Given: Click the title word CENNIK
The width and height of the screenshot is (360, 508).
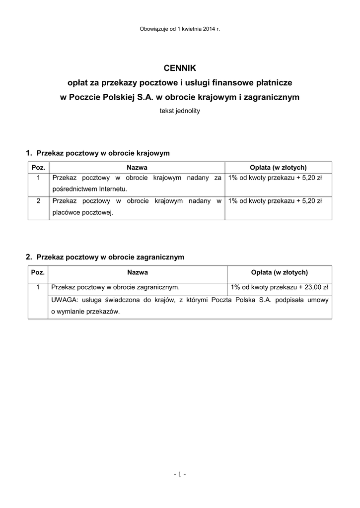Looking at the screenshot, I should click(x=180, y=67).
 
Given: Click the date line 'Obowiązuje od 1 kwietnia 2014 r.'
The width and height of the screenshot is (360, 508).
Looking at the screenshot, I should click(x=180, y=29).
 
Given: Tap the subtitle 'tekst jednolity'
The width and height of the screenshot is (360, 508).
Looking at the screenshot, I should click(x=180, y=111).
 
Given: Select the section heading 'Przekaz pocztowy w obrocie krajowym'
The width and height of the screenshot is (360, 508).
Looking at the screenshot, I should click(x=103, y=153).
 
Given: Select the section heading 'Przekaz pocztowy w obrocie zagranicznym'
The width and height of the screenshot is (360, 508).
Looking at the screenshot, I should click(x=110, y=257).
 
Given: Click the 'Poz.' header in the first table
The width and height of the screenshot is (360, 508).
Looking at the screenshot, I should click(x=38, y=167).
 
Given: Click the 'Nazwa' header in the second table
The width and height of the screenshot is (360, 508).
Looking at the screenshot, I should click(x=138, y=272).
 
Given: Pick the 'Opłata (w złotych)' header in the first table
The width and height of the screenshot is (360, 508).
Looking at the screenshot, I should click(x=278, y=167).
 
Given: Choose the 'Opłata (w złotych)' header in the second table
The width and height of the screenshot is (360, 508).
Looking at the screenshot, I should click(x=280, y=272).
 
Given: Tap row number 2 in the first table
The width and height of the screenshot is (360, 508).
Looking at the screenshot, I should click(x=38, y=201).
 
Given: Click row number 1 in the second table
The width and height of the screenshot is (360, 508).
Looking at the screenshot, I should click(x=38, y=287).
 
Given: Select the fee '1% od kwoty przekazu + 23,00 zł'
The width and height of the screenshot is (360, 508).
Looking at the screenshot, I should click(x=280, y=287).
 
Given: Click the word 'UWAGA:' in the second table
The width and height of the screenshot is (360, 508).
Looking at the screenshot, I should click(x=64, y=300).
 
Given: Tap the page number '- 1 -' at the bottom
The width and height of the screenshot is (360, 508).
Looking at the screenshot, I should click(x=180, y=475).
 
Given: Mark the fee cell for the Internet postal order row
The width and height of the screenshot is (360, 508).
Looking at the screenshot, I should click(x=275, y=177).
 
